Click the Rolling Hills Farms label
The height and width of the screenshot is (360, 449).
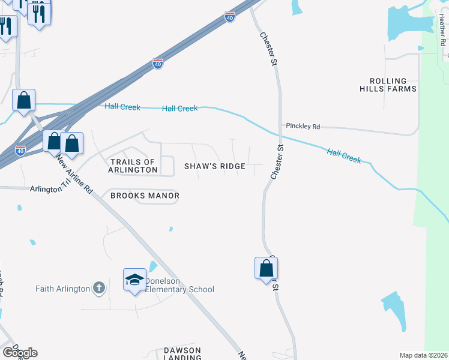click(388, 85)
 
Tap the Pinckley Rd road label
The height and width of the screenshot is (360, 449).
click(303, 127)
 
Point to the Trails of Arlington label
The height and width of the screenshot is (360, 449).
click(133, 166)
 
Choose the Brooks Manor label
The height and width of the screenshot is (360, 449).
click(145, 196)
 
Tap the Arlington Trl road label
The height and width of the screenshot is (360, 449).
click(46, 189)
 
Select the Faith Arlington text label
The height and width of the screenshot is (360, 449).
click(62, 289)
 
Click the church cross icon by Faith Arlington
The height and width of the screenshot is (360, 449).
click(100, 289)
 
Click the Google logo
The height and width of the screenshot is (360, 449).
click(20, 353)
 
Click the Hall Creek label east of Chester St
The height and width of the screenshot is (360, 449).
click(344, 157)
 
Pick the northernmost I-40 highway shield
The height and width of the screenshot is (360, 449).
click(230, 18)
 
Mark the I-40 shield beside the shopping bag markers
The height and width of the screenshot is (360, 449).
click(20, 150)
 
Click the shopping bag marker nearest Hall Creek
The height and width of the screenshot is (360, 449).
click(24, 100)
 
